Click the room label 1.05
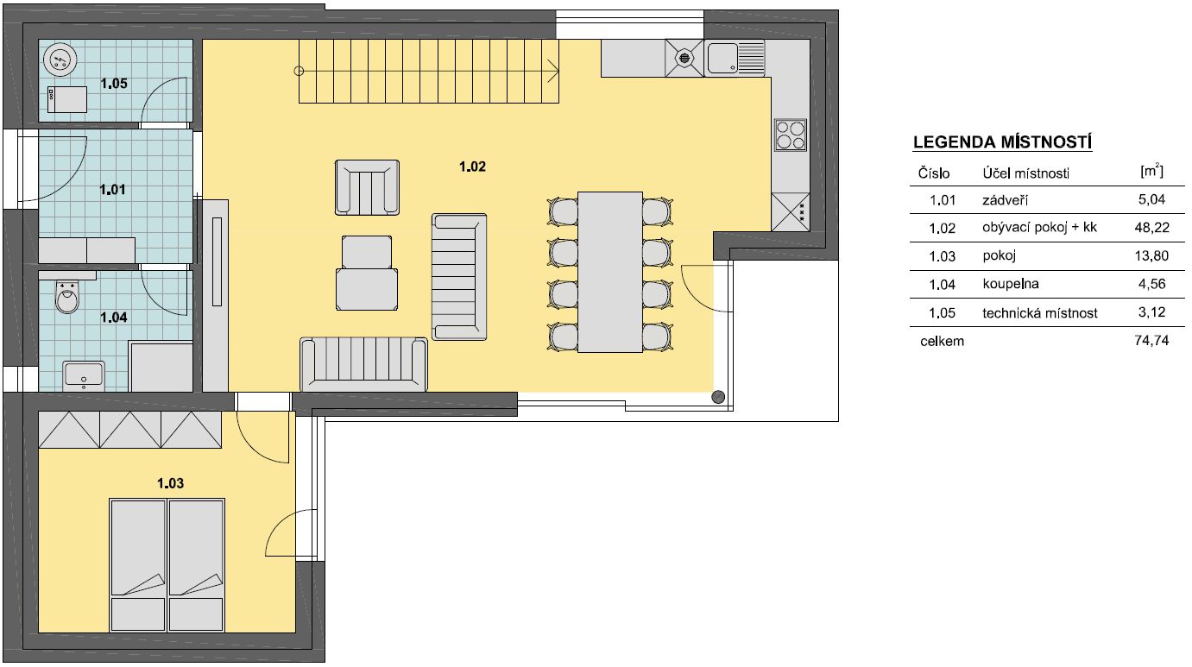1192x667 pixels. (114, 84)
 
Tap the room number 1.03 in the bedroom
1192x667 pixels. (170, 483)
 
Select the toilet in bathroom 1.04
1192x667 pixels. (67, 297)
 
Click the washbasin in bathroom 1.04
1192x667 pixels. (84, 374)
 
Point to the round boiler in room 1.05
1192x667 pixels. (60, 59)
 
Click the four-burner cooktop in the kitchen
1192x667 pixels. (791, 135)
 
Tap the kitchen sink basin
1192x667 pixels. (722, 58)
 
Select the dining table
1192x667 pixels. (610, 272)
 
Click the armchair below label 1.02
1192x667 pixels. (367, 187)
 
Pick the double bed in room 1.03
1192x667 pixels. (167, 565)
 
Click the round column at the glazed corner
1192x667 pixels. (718, 396)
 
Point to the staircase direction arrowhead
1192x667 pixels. (553, 71)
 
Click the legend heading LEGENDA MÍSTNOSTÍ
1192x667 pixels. (1003, 142)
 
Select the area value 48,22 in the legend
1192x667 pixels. (1151, 228)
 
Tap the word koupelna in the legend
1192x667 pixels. (1011, 284)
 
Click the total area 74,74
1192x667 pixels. (1151, 341)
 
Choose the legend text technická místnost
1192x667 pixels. (1040, 312)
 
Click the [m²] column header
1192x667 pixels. (1151, 171)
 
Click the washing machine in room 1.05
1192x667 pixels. (67, 99)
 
